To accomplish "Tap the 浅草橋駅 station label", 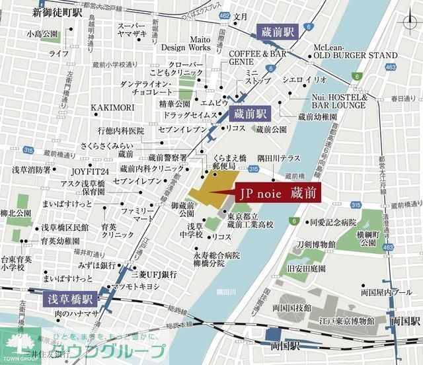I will tap(71, 299).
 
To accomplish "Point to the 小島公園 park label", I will tap(41, 34).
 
